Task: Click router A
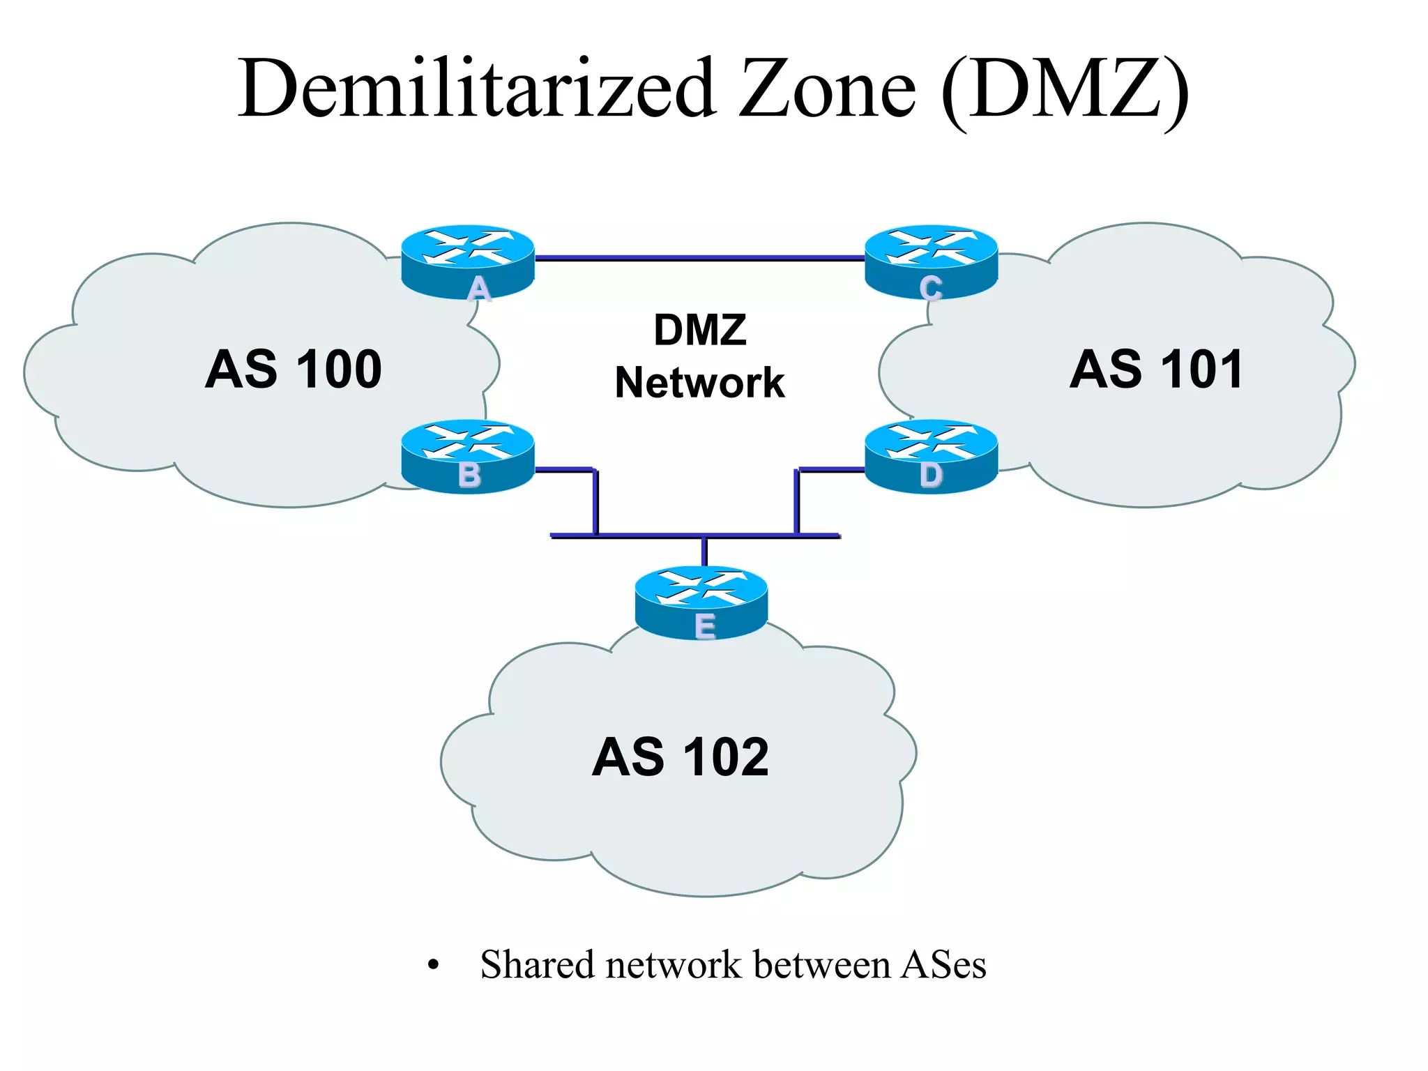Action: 468,261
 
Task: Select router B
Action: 468,456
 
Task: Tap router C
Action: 931,261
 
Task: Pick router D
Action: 931,456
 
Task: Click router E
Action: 701,602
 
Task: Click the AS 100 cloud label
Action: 294,369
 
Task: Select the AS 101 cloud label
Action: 1156,369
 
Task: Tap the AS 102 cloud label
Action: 681,757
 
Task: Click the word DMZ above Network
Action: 700,330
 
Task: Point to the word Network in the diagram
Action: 700,383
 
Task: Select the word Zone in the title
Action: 827,89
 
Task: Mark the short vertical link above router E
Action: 704,552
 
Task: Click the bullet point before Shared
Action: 434,966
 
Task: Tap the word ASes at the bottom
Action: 943,965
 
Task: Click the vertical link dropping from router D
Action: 797,502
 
